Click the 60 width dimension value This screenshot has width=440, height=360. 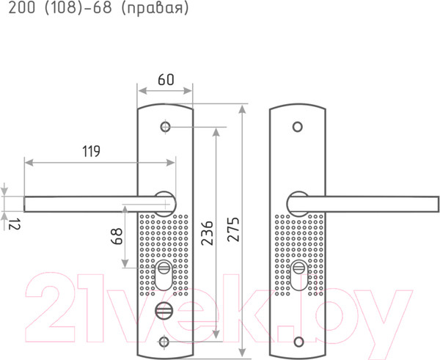coord(166,79)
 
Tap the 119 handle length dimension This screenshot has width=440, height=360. coord(91,151)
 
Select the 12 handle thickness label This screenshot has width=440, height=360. coord(15,224)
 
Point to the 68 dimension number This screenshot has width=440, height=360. coord(117,236)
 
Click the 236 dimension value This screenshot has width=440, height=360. coord(207,233)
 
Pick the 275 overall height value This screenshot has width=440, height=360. coord(233,229)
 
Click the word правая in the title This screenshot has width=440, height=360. coord(155,8)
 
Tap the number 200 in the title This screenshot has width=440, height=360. coord(22,8)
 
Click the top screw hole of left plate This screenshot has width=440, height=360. coord(166,127)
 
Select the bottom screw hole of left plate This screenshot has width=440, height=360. coord(164,342)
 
